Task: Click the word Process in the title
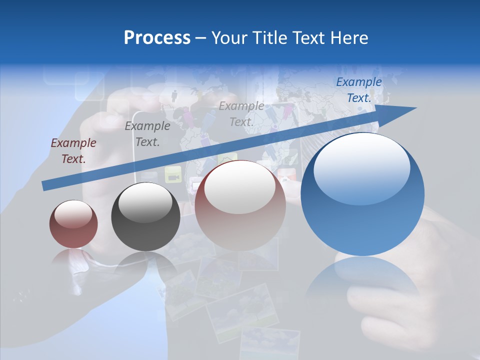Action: tap(157, 38)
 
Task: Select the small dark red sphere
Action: tap(73, 224)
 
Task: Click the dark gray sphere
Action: tap(145, 216)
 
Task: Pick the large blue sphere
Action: tap(362, 194)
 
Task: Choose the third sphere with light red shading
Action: tap(240, 205)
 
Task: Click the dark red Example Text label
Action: tap(73, 151)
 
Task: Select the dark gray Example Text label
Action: tap(147, 134)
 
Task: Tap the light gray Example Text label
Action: tap(241, 113)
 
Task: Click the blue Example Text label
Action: tap(359, 90)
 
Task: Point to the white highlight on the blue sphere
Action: tap(361, 169)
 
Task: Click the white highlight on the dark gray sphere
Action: tap(145, 203)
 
